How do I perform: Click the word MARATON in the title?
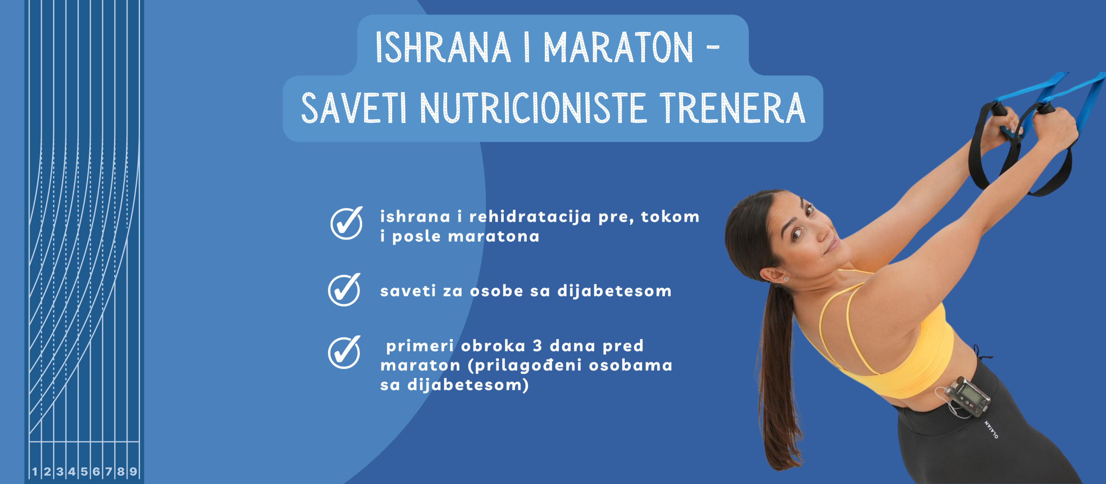pyautogui.click(x=618, y=48)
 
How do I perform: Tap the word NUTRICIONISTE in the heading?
pyautogui.click(x=533, y=108)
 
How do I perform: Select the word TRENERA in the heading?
pyautogui.click(x=732, y=108)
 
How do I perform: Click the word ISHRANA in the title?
pyautogui.click(x=443, y=48)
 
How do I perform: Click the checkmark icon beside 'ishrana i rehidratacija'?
pyautogui.click(x=346, y=223)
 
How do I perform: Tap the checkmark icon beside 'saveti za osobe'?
pyautogui.click(x=344, y=290)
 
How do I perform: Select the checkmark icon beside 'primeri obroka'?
pyautogui.click(x=344, y=352)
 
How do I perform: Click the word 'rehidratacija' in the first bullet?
pyautogui.click(x=530, y=217)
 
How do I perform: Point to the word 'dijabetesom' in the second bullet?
pyautogui.click(x=614, y=290)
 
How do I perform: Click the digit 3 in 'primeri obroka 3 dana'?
pyautogui.click(x=537, y=346)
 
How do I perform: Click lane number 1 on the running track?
pyautogui.click(x=35, y=471)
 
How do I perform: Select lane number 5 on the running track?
pyautogui.click(x=84, y=471)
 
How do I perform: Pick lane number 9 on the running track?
pyautogui.click(x=133, y=471)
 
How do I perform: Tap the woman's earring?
pyautogui.click(x=785, y=279)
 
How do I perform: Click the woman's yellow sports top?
pyautogui.click(x=890, y=341)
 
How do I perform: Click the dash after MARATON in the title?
pyautogui.click(x=713, y=47)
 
